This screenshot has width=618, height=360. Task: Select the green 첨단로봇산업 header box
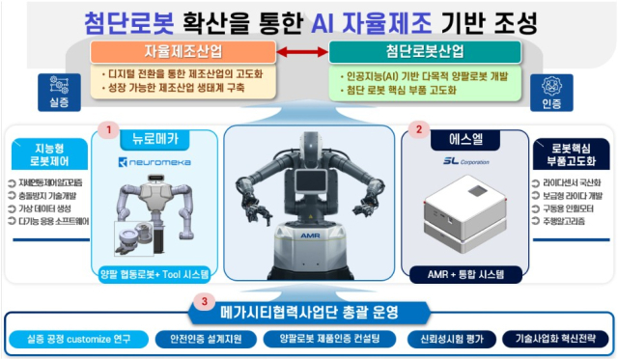pos(425,51)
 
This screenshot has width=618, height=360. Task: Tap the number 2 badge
pos(417,128)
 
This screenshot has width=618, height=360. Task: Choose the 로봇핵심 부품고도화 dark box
pos(570,155)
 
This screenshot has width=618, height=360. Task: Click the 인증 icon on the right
pos(553,91)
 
